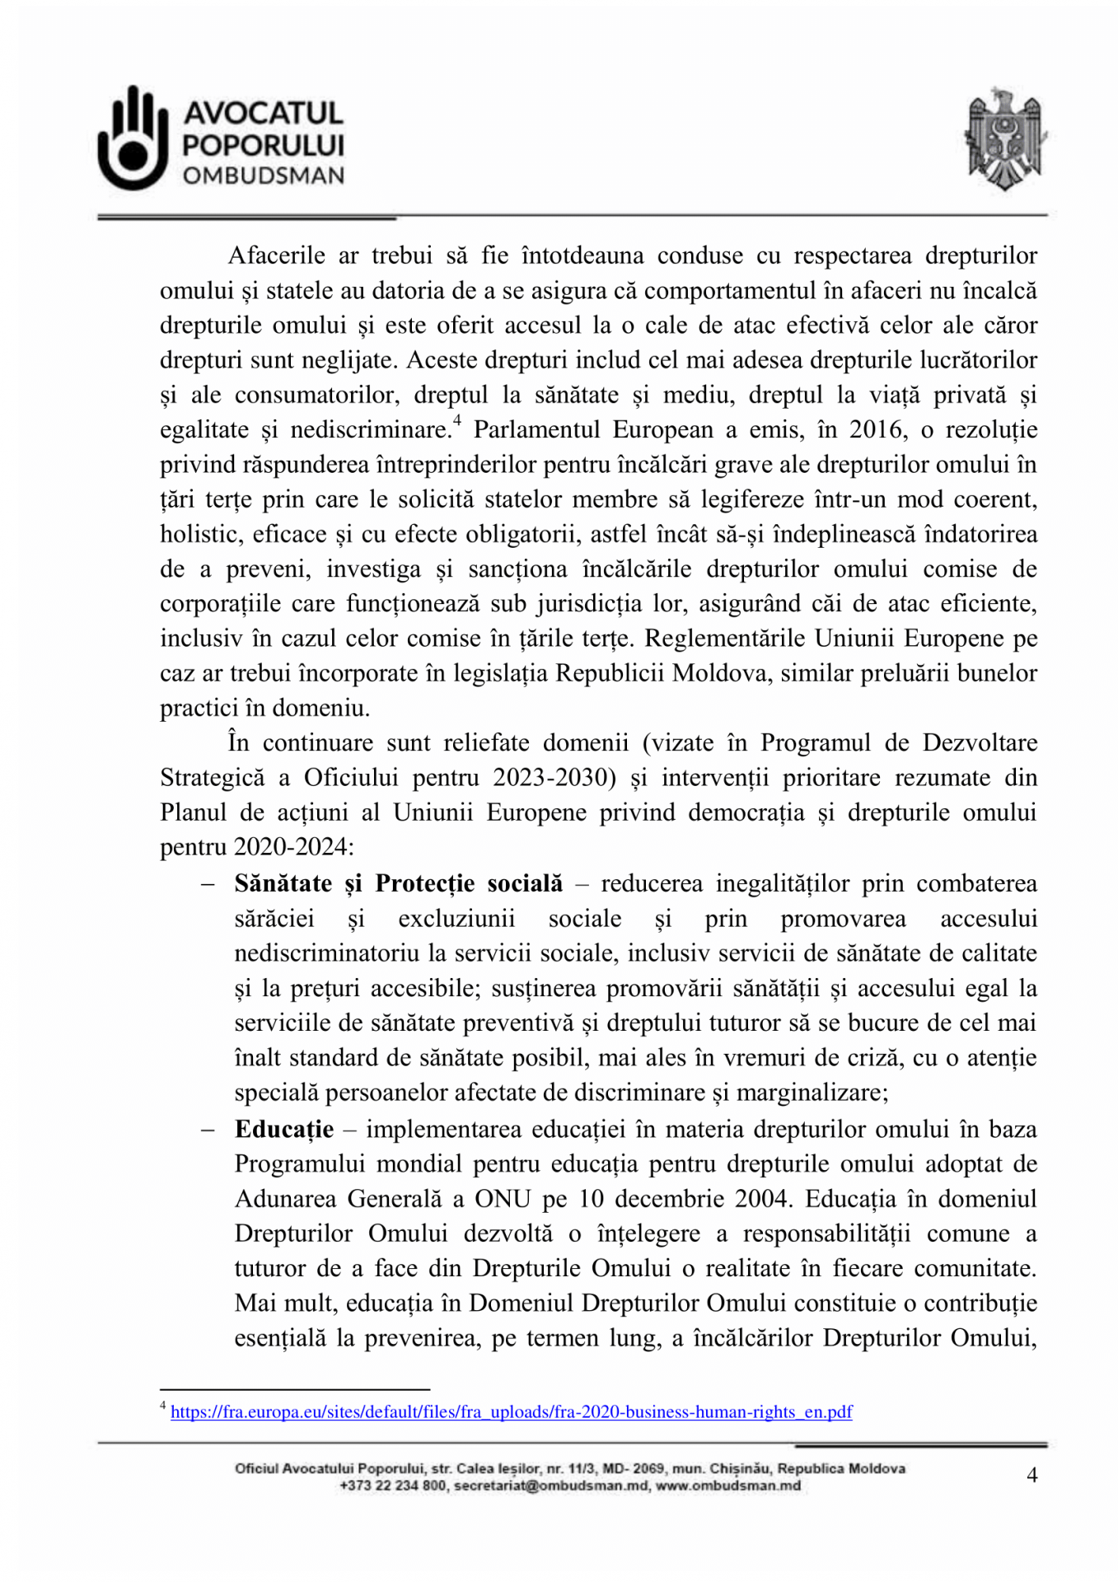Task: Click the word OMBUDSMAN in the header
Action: [x=264, y=176]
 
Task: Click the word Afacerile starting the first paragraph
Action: [x=276, y=255]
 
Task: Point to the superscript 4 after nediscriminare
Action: [x=457, y=422]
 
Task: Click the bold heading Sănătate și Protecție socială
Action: [x=399, y=883]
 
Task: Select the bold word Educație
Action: [x=284, y=1129]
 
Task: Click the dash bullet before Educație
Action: [x=208, y=1130]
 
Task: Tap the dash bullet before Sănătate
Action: [x=208, y=884]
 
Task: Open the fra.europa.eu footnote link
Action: [x=511, y=1412]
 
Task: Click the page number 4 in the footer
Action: [x=1031, y=1475]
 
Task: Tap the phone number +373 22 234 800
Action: [x=393, y=1486]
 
